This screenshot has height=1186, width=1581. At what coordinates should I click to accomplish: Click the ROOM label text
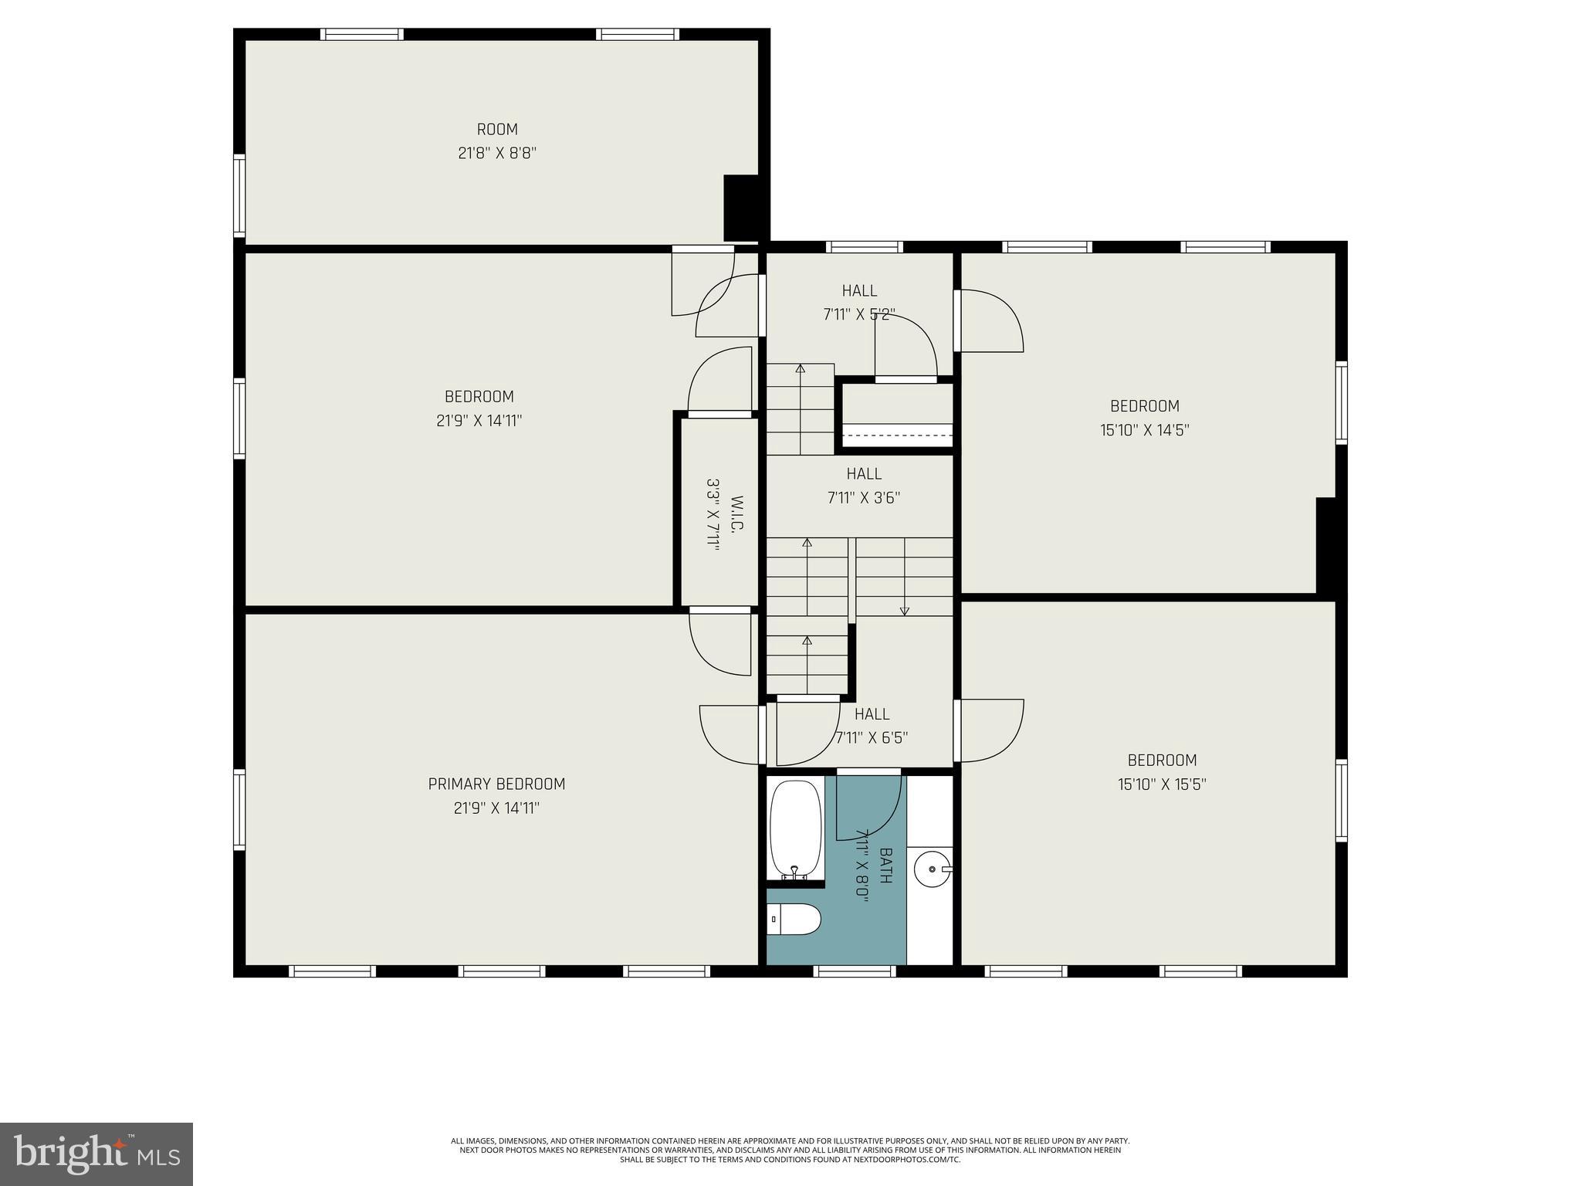(x=497, y=130)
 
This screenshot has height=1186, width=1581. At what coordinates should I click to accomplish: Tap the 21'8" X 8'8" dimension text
(x=497, y=154)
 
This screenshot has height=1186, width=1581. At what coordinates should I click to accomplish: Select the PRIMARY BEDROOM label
(x=496, y=784)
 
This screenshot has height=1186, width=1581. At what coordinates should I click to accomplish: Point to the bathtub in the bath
(x=795, y=829)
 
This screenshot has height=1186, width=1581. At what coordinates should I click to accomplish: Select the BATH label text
(x=886, y=866)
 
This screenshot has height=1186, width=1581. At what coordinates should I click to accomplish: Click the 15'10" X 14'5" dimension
(x=1144, y=430)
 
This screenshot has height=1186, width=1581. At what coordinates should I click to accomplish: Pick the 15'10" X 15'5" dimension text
(x=1162, y=784)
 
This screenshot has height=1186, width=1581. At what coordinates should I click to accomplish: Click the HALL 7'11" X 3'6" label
(x=864, y=486)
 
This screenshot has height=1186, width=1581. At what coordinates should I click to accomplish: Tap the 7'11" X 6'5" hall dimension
(x=872, y=738)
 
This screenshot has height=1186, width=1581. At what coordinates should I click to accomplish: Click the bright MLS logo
(x=96, y=1154)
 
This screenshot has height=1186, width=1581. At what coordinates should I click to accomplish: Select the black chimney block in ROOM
(x=742, y=208)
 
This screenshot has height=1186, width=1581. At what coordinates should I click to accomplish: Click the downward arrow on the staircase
(x=905, y=610)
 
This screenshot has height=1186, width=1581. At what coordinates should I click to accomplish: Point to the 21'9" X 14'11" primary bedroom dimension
(x=496, y=808)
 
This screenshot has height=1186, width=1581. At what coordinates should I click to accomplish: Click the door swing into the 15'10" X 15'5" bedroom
(x=992, y=730)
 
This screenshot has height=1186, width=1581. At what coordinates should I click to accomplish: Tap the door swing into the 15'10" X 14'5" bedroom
(x=992, y=320)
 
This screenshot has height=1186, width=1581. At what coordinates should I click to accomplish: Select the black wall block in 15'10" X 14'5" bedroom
(x=1325, y=546)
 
